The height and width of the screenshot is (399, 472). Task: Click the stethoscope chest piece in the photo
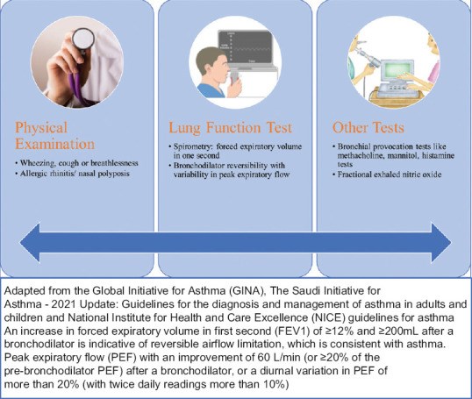83,39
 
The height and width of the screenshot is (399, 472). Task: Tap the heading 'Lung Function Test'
230,127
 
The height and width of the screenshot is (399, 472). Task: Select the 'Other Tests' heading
368,127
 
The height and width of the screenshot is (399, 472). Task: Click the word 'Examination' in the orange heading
54,144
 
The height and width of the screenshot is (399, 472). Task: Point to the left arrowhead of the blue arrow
30,243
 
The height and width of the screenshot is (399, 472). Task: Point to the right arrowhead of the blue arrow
441,243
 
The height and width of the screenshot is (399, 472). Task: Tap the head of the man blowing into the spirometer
211,64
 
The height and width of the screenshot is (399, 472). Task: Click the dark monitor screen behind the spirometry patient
245,46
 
